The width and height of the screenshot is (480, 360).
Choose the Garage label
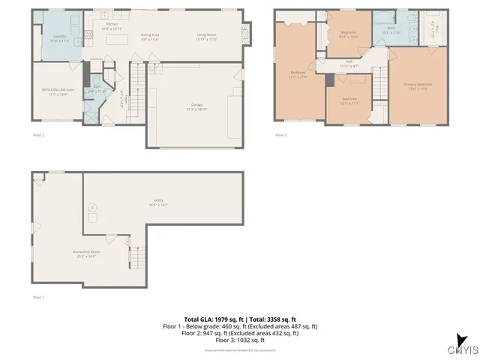[x=196, y=106]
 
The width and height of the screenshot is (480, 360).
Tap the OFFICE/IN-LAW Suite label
[x=58, y=91]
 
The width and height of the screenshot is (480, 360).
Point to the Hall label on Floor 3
[x=349, y=64]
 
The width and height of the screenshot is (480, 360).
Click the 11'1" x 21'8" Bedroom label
[x=298, y=74]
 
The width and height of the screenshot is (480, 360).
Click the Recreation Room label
[x=87, y=253]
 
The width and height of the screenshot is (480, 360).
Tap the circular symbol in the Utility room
[x=94, y=208]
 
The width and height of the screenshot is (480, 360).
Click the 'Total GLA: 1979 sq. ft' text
[x=211, y=319]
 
